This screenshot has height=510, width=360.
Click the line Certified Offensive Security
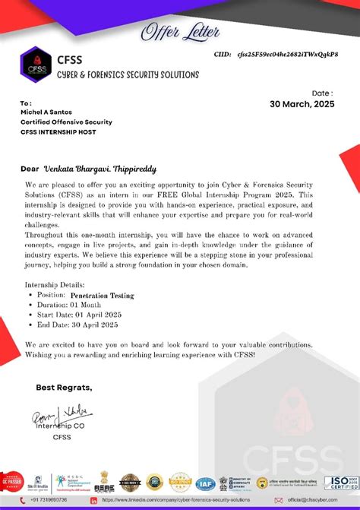coord(66,122)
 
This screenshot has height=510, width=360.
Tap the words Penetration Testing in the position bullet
coord(103,295)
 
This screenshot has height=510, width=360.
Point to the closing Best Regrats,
coord(64,388)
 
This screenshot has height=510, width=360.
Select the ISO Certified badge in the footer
coord(341,482)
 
